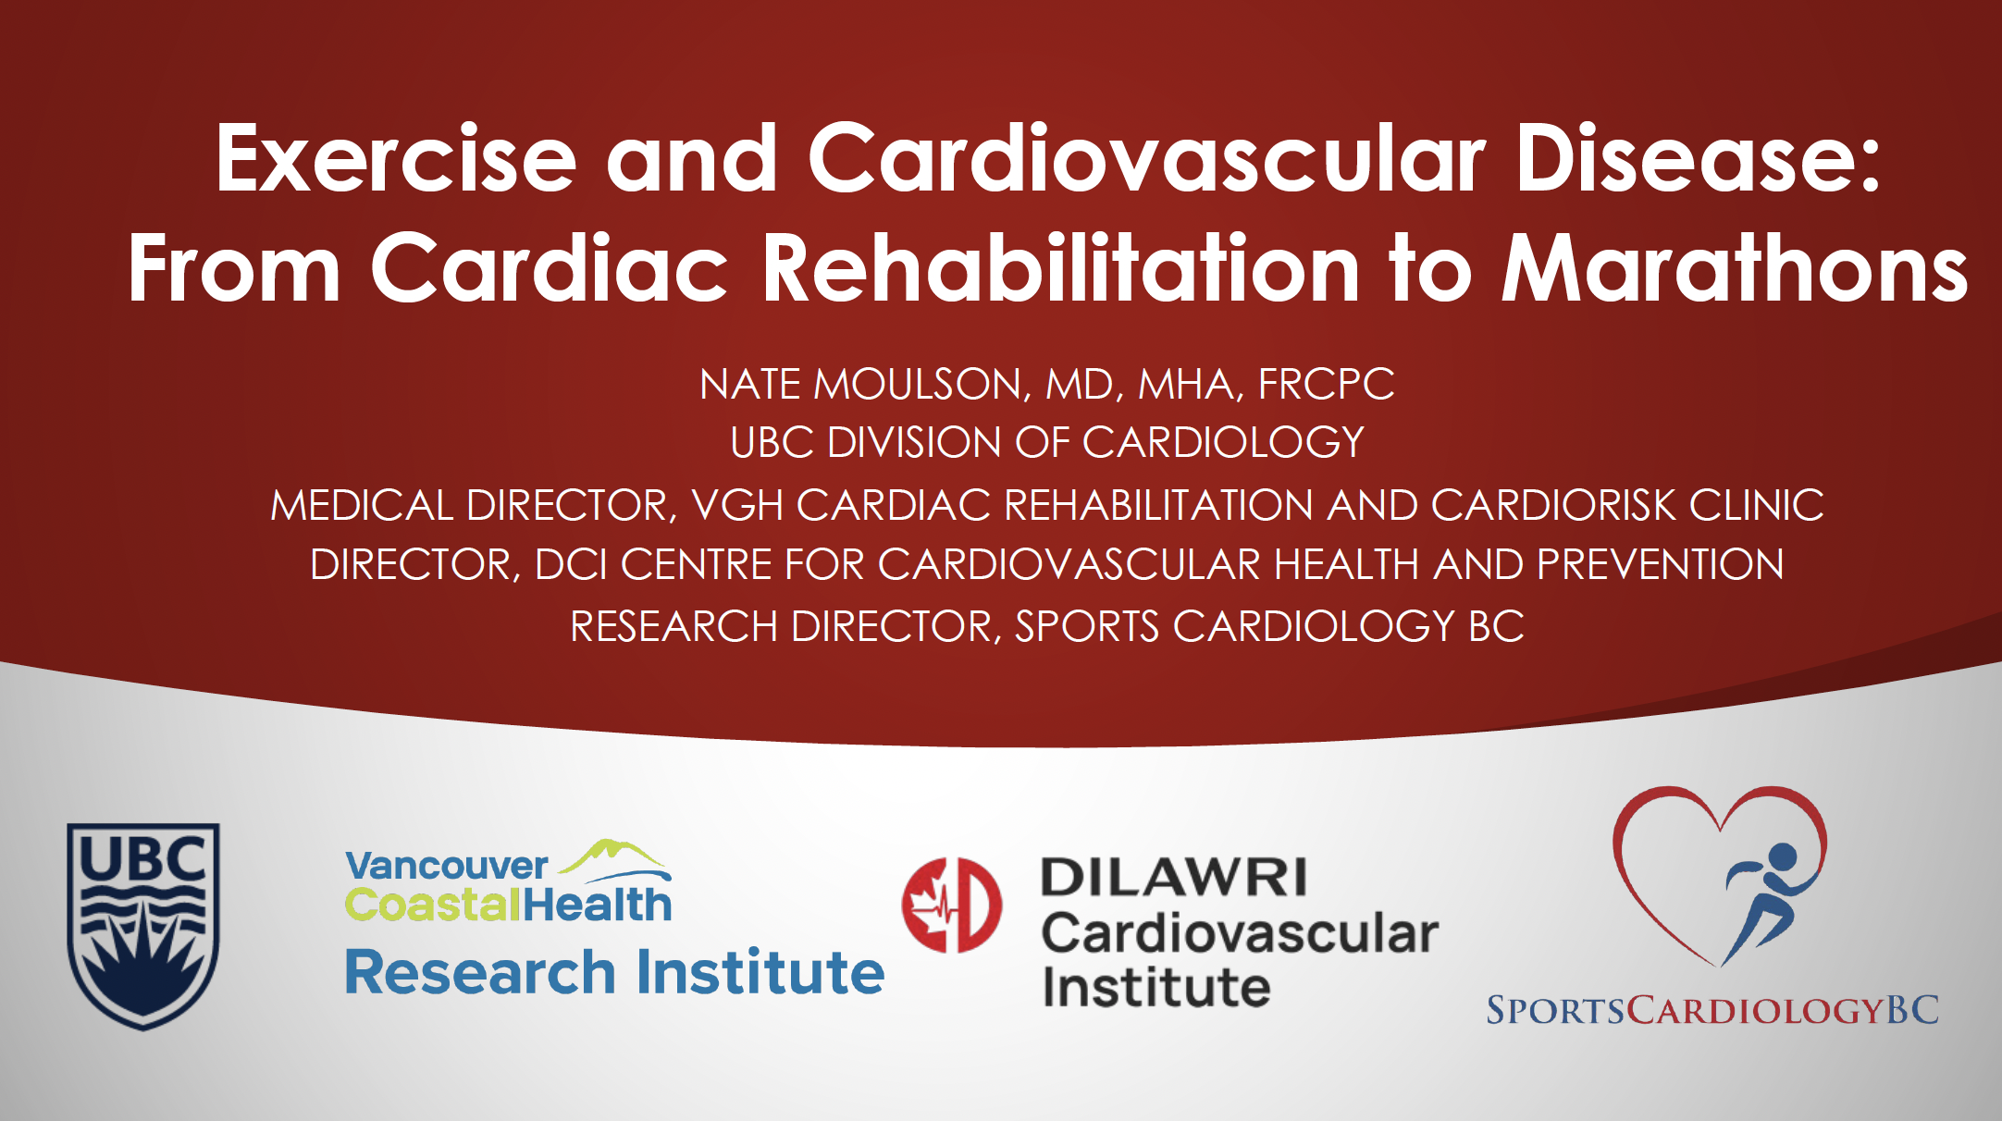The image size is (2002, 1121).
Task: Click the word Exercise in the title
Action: pos(397,159)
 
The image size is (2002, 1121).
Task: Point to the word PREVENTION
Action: pos(1660,564)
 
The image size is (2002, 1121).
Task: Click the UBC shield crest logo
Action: pos(143,925)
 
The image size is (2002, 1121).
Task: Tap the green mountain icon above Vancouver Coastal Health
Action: pos(615,858)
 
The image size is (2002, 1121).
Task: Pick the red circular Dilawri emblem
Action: pos(951,905)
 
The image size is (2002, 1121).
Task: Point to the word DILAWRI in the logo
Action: pos(1173,877)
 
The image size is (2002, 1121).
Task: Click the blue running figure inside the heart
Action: pos(1762,902)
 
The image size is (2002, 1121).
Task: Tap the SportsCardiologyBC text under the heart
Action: pos(1712,1009)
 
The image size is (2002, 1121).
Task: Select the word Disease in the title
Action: pos(1698,159)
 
